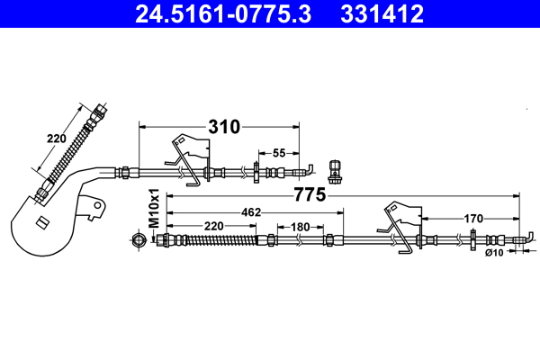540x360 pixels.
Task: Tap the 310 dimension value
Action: pos(224,127)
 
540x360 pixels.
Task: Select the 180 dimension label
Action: pos(300,227)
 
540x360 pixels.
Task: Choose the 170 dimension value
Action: pos(473,218)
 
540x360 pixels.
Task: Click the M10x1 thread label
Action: pos(154,208)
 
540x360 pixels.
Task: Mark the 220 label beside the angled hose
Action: pos(57,139)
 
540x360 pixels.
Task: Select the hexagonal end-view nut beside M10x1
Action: pos(138,239)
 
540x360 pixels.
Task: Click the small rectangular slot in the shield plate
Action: pos(40,222)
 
